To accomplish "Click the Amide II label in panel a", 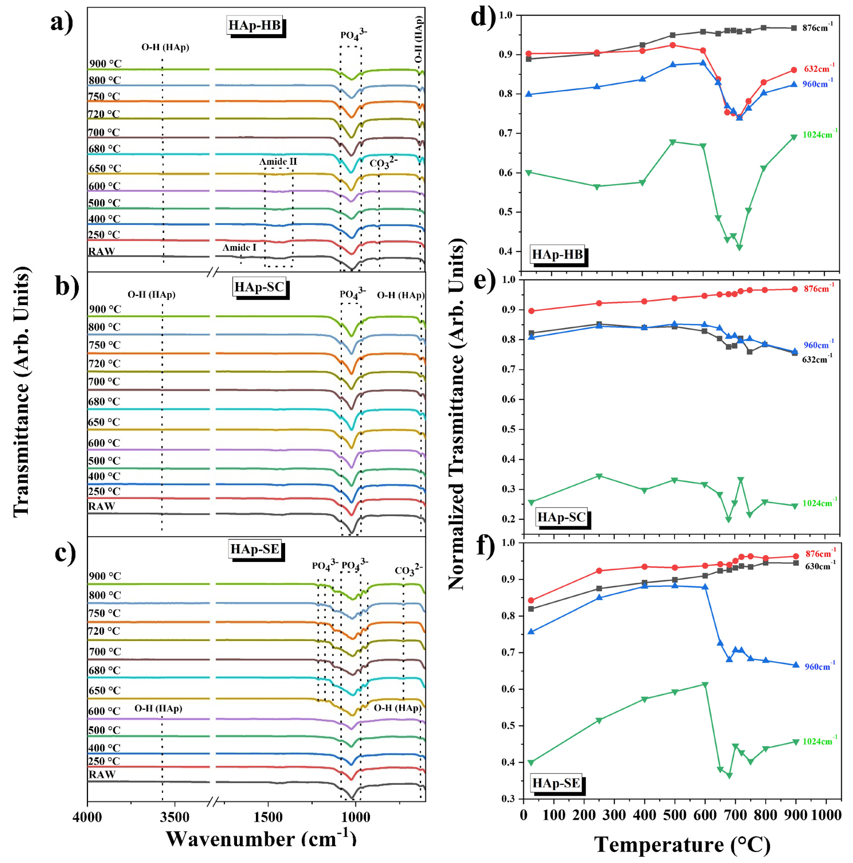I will coord(278,162).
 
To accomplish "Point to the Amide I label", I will coord(240,247).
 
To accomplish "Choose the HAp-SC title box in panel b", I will coord(259,287).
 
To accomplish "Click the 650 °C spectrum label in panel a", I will coord(105,168).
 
